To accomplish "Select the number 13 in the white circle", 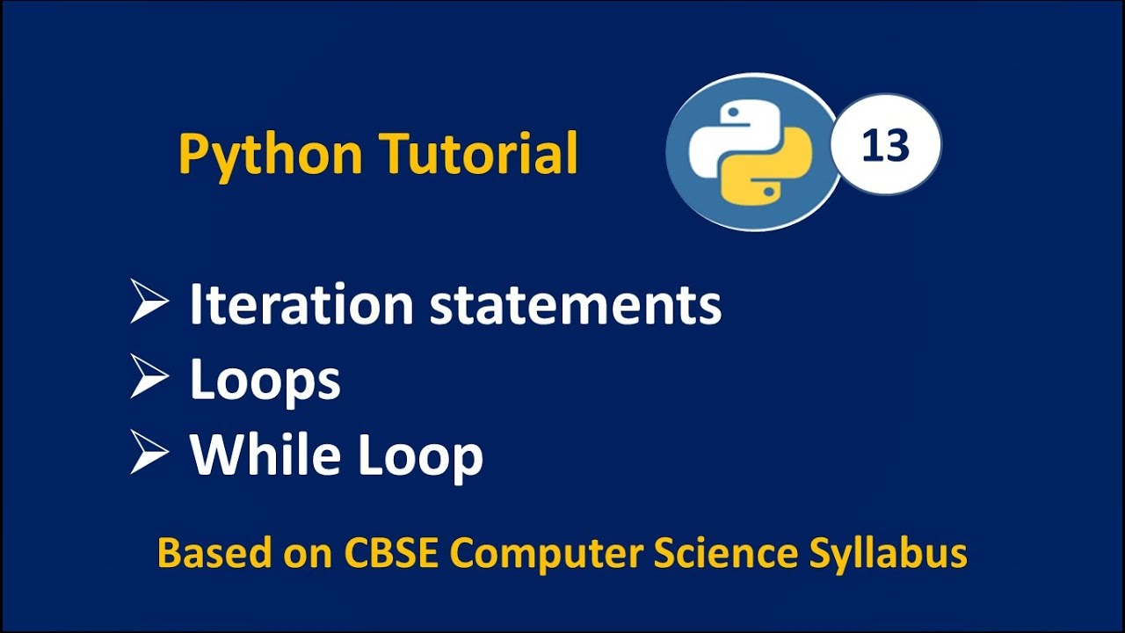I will tap(885, 146).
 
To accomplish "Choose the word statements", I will tap(575, 305).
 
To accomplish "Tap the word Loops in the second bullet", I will tap(265, 381).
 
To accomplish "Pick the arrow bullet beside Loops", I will tap(149, 378).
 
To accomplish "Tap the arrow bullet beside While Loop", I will tap(149, 454).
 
